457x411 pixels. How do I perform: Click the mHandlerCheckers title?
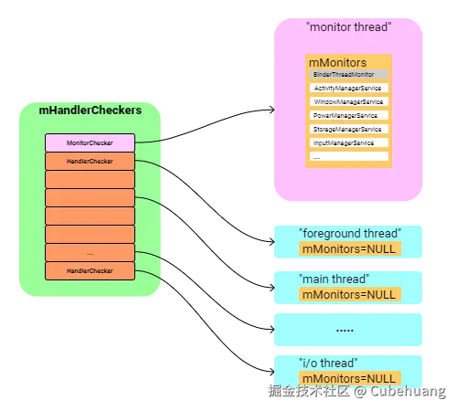click(x=90, y=111)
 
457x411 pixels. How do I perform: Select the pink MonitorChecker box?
click(x=90, y=143)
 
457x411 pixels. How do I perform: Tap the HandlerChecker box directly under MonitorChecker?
click(x=90, y=162)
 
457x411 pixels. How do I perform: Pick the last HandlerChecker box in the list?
click(x=90, y=271)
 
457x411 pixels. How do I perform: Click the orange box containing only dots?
click(x=90, y=253)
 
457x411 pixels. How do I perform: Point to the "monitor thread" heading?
click(x=347, y=27)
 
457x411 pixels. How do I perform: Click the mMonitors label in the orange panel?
click(x=337, y=62)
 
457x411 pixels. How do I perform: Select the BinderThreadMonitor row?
click(x=348, y=74)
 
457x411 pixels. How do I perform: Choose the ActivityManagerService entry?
click(x=348, y=89)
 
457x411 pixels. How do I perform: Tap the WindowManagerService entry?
click(x=348, y=102)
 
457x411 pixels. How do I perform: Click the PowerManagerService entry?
click(x=348, y=116)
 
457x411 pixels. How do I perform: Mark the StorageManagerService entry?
click(x=348, y=130)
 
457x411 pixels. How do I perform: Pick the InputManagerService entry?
click(x=348, y=143)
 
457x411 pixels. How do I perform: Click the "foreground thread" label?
click(x=349, y=234)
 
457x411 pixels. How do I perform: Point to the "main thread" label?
click(x=334, y=279)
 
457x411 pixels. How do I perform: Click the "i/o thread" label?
click(x=330, y=363)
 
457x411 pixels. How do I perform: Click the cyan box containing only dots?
click(x=345, y=330)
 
